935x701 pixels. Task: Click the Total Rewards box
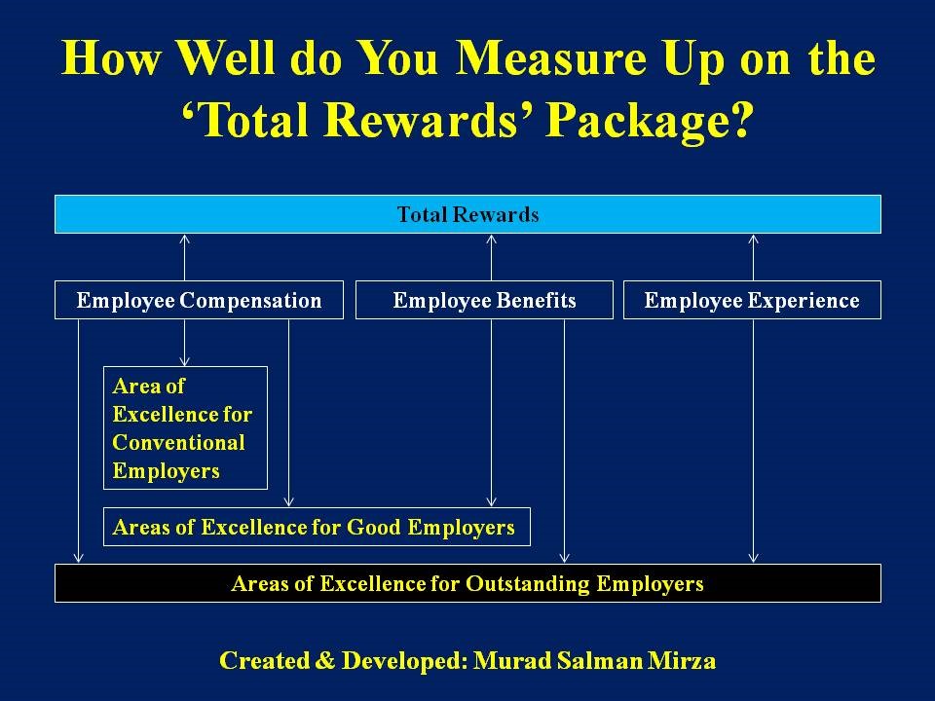[467, 214]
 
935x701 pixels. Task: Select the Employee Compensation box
[199, 300]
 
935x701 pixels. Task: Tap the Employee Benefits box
[484, 300]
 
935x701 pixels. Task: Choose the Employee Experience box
[752, 300]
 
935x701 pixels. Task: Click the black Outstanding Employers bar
[467, 583]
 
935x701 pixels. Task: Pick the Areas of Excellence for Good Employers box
[317, 527]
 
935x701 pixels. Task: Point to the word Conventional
[178, 442]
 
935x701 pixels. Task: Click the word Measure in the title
[551, 58]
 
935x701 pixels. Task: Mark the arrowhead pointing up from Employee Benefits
[491, 240]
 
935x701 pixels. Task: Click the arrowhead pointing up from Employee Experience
[753, 240]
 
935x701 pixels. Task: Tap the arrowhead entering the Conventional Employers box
[184, 361]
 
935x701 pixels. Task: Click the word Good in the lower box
[373, 527]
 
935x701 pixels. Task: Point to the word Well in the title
[227, 58]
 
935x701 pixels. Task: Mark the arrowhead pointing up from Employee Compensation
[184, 240]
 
